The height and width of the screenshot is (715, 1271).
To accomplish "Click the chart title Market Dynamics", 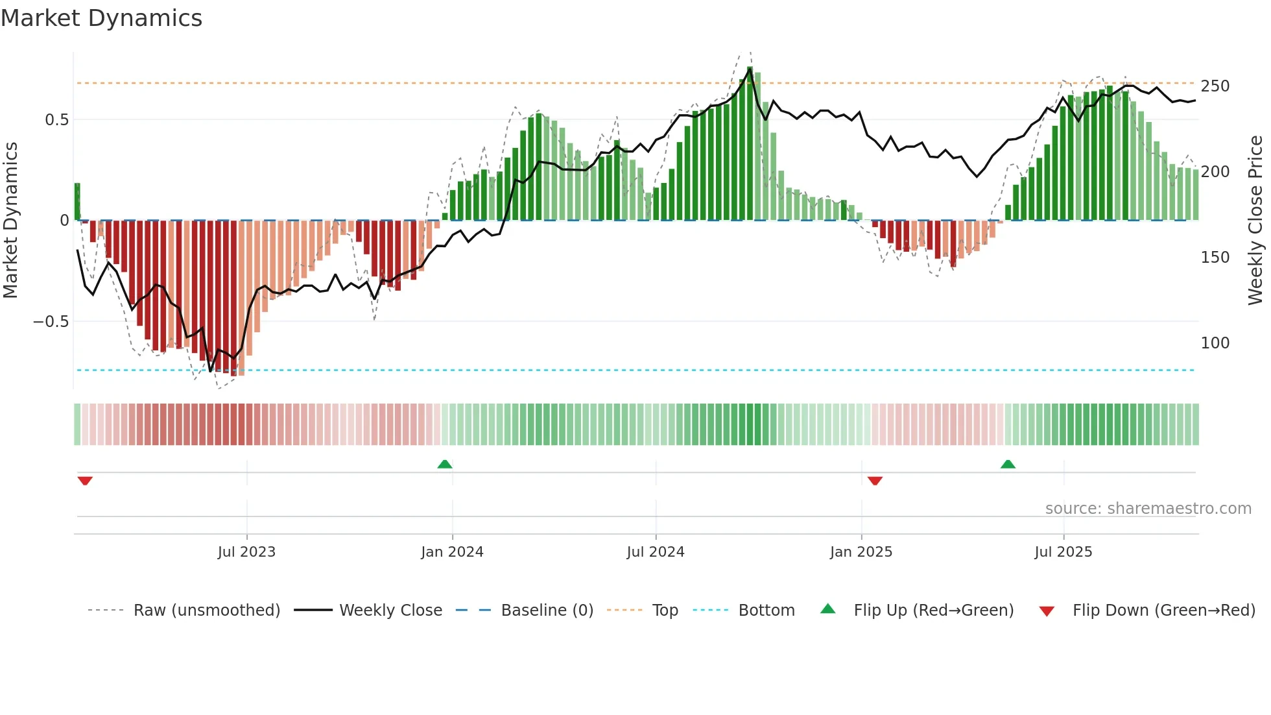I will pos(101,18).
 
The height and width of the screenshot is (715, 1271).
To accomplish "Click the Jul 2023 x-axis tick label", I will pos(246,552).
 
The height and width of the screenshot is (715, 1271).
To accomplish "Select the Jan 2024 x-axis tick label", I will pos(452,552).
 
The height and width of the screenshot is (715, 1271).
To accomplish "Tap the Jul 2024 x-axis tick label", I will pos(656,552).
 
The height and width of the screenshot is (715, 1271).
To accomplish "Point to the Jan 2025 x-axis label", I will pos(861,552).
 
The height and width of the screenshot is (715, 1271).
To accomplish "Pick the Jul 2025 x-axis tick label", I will pos(1063,552).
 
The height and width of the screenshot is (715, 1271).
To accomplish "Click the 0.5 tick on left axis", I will pos(56,120).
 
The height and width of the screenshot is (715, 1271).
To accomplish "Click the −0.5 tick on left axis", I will pos(51,322).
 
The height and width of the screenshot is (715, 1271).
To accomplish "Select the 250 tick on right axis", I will pos(1215,86).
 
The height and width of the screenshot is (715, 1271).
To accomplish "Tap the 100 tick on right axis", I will pos(1215,343).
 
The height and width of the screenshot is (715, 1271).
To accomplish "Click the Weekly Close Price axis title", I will pos(1255,221).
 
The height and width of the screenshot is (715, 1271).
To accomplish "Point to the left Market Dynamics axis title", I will pos(10,221).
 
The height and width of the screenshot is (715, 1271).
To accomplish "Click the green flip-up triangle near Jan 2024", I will pos(445,465).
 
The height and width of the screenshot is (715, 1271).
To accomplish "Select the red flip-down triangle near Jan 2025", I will pos(875,481).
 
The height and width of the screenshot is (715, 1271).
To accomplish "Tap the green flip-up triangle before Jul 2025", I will pos(1008,465).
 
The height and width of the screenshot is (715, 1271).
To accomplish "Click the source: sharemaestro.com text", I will pos(1148,509).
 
